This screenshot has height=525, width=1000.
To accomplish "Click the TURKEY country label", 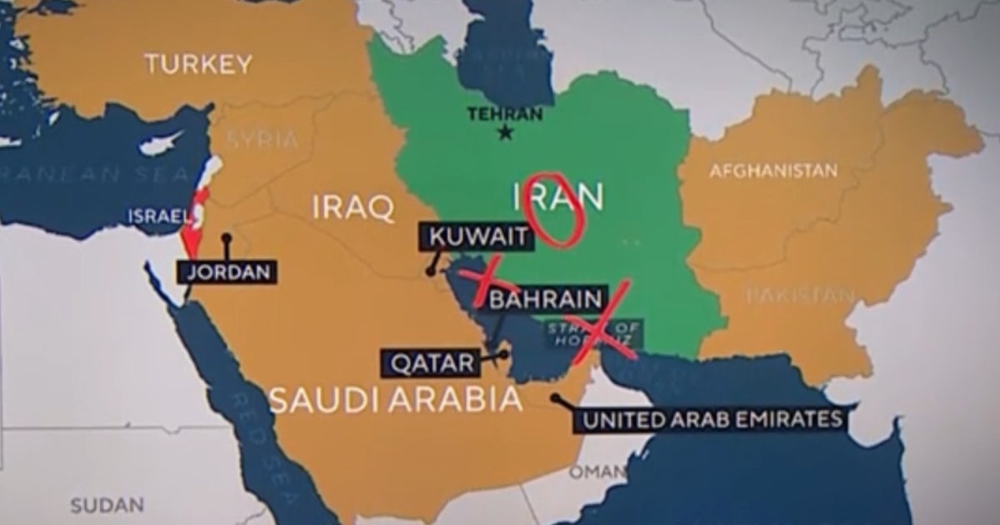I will pos(198,64).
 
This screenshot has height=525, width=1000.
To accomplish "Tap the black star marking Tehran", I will pos(505,132).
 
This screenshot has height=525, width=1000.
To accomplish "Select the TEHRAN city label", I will pos(505,114).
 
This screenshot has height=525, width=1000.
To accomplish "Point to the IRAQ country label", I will pos(353,207).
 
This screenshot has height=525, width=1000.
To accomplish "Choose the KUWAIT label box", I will pos(478,237).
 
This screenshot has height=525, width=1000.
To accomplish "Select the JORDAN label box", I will pos(227,272).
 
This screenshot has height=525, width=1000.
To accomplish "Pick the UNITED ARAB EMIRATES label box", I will pos(710,419).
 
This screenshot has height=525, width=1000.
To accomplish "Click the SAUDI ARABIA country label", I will pos(396,401).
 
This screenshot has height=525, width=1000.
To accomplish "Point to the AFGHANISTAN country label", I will pos(772,171).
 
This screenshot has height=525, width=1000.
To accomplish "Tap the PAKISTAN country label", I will pos(800,294).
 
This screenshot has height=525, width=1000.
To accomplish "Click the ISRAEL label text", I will pos(158,217).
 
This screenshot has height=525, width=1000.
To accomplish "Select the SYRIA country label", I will pos(262,140).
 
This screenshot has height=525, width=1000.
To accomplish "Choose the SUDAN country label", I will pos(107,505).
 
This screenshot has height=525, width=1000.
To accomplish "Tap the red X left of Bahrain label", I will pos(484,282).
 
